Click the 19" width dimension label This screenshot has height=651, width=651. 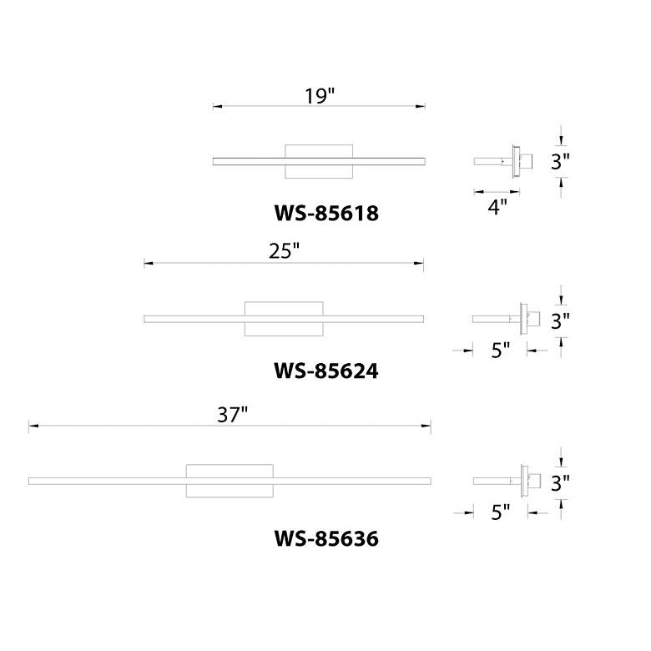pos(320,96)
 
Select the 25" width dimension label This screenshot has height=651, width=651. pos(284,250)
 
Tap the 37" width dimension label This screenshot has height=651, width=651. pos(232,414)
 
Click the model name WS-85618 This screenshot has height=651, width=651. pos(326,213)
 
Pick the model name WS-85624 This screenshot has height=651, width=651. pos(325,371)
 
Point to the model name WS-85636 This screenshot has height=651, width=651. pos(326,538)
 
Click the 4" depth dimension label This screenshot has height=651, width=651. pos(497,206)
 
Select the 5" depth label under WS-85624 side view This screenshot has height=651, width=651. pos(500,350)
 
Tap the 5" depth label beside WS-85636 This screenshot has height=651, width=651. pos(500,512)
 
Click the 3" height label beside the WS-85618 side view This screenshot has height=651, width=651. pos(560,161)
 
